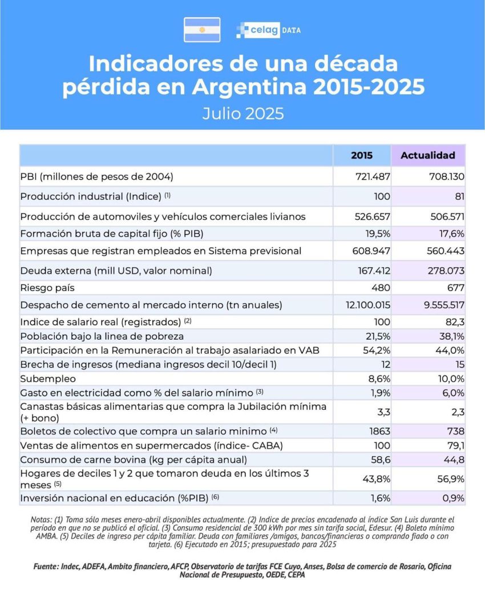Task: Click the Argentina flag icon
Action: (202, 30)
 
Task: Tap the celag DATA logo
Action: (268, 30)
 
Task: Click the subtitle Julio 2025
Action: (242, 113)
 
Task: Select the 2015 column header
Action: (361, 155)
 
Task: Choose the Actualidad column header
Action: (428, 155)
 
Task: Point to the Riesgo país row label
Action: (47, 288)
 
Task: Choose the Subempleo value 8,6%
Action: (378, 378)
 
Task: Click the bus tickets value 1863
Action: (379, 431)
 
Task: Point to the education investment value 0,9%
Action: (452, 498)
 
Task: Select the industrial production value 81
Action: (459, 196)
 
